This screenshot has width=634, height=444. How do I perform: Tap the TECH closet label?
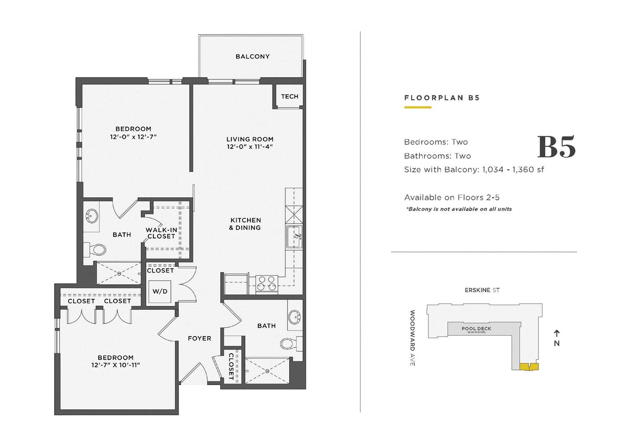289,96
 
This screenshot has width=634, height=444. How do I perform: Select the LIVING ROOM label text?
250,139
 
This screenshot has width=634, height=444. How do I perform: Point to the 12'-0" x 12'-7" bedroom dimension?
133,137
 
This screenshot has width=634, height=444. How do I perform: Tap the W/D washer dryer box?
159,290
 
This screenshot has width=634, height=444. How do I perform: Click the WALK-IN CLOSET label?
160,233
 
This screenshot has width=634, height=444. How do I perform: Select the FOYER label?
199,338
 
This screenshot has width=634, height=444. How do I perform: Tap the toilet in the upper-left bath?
95,249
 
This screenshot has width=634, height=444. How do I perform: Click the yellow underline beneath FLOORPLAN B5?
417,107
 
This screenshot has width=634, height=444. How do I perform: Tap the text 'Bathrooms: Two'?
437,156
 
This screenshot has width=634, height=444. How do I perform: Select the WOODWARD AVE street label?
413,338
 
